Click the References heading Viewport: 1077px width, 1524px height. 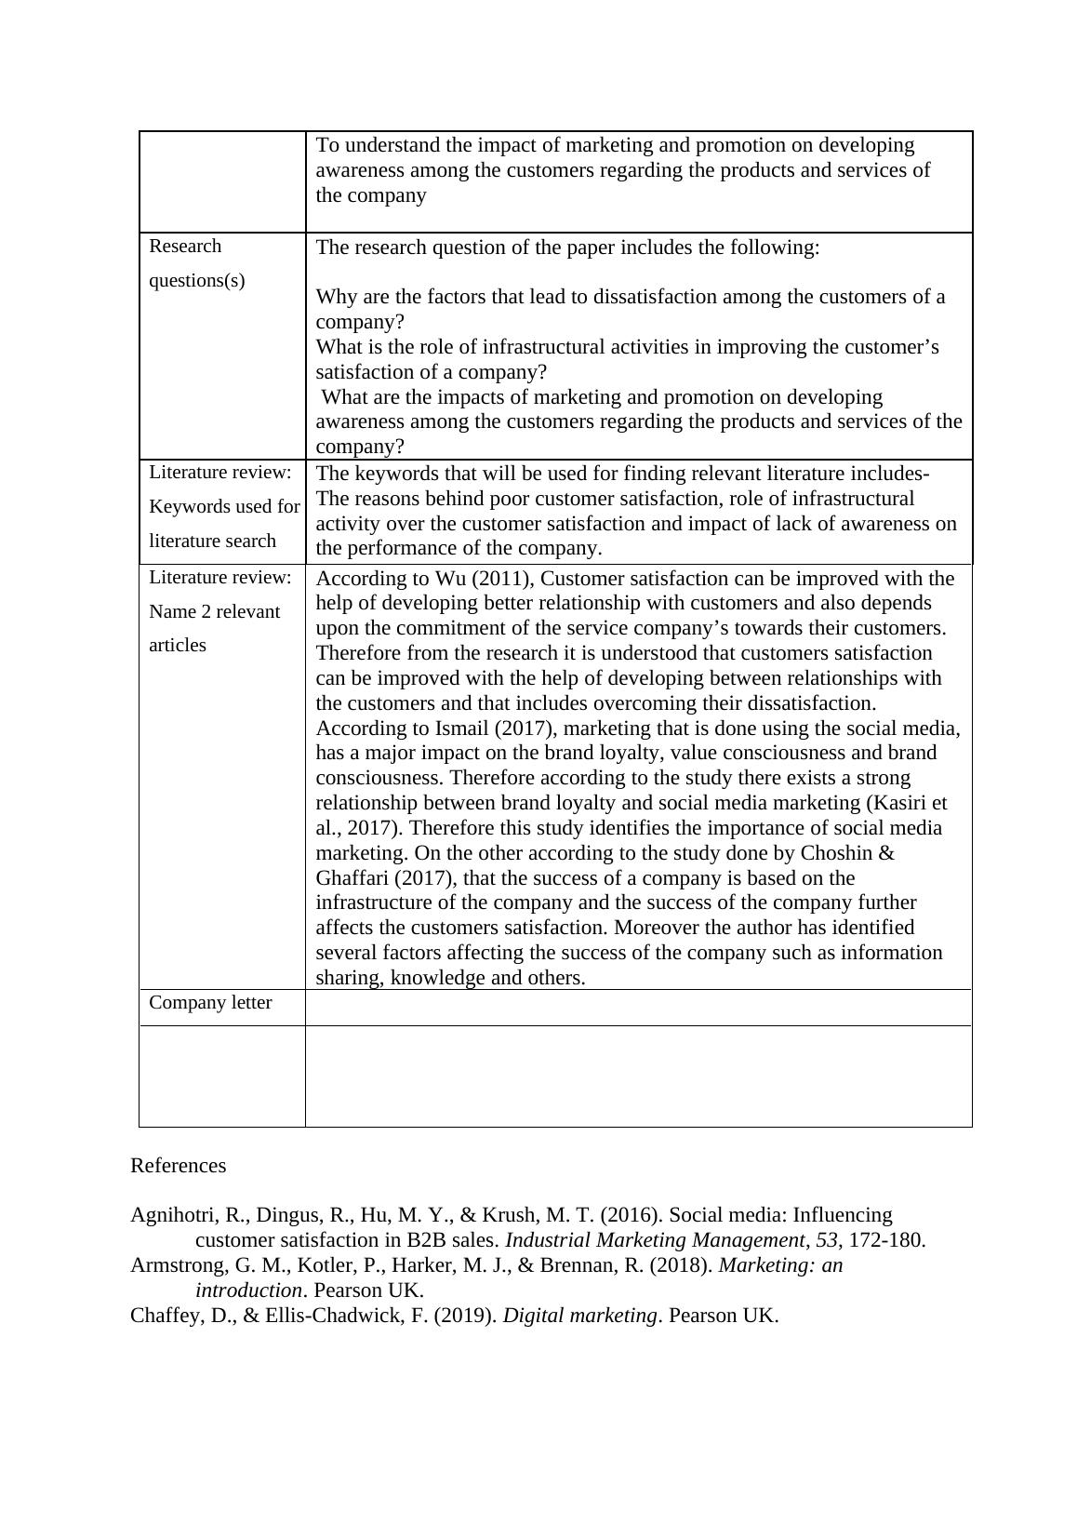click(178, 1166)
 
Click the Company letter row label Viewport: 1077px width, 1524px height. click(210, 1003)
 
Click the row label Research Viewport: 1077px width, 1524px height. click(185, 247)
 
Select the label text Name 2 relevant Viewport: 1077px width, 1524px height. click(214, 612)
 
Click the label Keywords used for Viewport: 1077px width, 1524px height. click(224, 507)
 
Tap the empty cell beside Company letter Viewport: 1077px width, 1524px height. click(638, 1008)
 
